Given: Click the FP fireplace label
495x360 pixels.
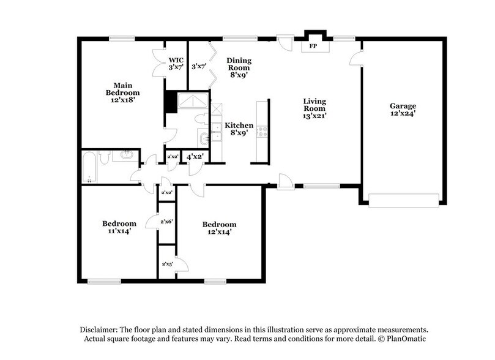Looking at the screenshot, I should pos(313,47).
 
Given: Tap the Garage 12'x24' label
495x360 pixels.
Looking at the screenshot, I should pos(403,110).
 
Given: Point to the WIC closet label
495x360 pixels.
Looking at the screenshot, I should pos(176,60).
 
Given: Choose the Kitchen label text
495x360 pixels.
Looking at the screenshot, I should pos(239,125).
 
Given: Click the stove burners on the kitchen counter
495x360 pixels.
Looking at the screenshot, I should pos(262,130).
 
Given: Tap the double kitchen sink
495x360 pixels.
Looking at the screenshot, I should pos(216,132).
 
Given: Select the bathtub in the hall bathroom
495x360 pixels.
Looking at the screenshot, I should pos(89,166).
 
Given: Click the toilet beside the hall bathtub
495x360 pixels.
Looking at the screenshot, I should pos(105,158).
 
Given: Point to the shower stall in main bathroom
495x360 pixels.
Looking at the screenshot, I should pos(192,102).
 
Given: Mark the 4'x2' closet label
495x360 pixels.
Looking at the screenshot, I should pos(196,157).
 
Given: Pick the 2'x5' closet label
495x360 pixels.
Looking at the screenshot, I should pos(166,264).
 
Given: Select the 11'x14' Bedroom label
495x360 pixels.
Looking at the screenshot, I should pos(119,227).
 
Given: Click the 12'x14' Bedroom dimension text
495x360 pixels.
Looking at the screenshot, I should pos(219,232).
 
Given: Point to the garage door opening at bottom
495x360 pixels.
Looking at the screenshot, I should pos(403,200).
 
